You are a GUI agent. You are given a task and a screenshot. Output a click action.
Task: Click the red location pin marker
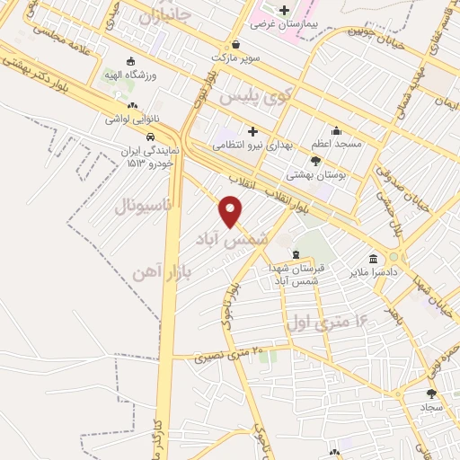pos(232,211)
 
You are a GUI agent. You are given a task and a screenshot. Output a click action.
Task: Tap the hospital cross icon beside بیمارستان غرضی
pos(285,11)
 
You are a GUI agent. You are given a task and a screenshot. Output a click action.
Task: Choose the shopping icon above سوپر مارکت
pos(235,43)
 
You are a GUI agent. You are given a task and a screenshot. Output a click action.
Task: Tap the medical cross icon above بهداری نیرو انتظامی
pos(253,131)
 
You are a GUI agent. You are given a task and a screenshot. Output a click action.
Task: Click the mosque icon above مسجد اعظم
pos(336,130)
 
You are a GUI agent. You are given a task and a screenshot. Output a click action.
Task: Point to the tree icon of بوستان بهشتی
pos(314,161)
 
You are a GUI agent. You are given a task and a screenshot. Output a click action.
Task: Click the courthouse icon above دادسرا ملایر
pos(373,259)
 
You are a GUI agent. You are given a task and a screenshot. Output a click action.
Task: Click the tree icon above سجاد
pos(431,393)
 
